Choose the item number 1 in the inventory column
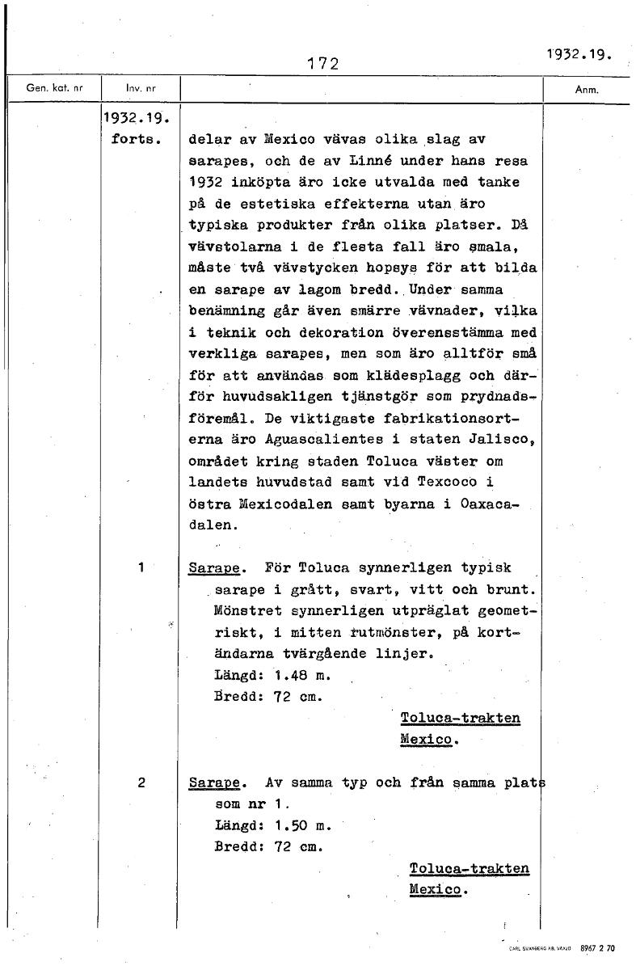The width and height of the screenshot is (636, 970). point(141,567)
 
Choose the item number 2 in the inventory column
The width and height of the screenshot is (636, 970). point(141,782)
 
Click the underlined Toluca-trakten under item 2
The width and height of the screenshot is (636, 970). point(470,869)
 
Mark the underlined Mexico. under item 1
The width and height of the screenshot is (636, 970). point(429,740)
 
